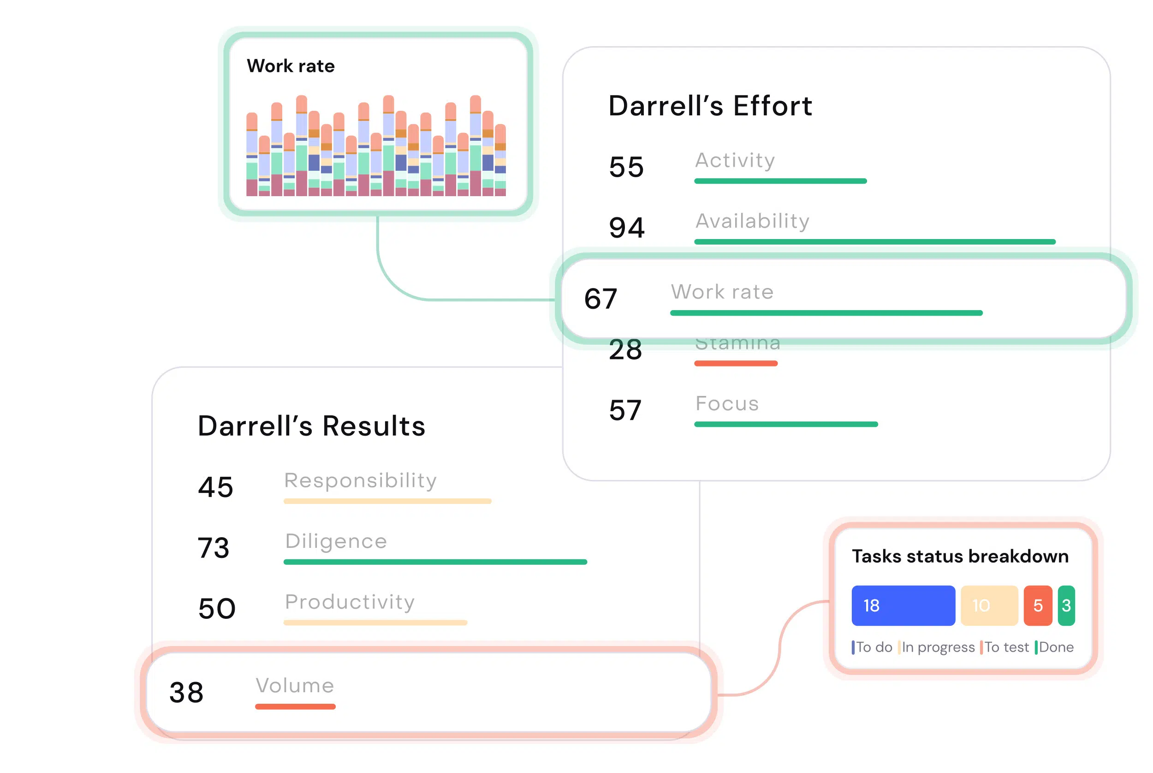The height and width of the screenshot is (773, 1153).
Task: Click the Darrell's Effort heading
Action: [x=710, y=106]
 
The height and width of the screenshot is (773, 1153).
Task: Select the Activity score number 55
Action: [x=626, y=167]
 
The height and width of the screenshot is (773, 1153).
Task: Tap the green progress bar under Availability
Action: [x=874, y=241]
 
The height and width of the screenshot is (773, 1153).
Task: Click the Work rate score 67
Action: [x=600, y=298]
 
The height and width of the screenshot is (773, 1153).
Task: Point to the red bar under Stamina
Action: [x=735, y=363]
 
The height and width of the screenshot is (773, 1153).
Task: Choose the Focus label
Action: [x=727, y=403]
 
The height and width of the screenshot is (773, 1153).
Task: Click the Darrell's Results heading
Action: [x=311, y=426]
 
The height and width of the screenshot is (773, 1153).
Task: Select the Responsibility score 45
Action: [x=215, y=487]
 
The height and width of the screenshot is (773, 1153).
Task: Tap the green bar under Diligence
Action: [x=435, y=562]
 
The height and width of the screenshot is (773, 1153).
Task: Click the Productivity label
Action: [x=350, y=602]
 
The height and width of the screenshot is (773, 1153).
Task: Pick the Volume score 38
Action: [x=186, y=692]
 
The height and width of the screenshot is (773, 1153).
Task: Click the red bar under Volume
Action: [x=295, y=707]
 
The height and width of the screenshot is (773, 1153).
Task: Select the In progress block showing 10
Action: [x=989, y=605]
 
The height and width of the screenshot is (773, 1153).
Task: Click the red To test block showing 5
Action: [x=1037, y=605]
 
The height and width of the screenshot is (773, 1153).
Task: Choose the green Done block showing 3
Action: [x=1066, y=605]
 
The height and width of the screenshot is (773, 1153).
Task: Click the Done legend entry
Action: [x=1056, y=647]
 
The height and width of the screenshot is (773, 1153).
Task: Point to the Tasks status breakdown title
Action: [x=960, y=556]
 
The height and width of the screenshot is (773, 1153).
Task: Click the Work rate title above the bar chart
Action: [x=291, y=66]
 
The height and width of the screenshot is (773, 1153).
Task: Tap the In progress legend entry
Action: [x=937, y=647]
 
